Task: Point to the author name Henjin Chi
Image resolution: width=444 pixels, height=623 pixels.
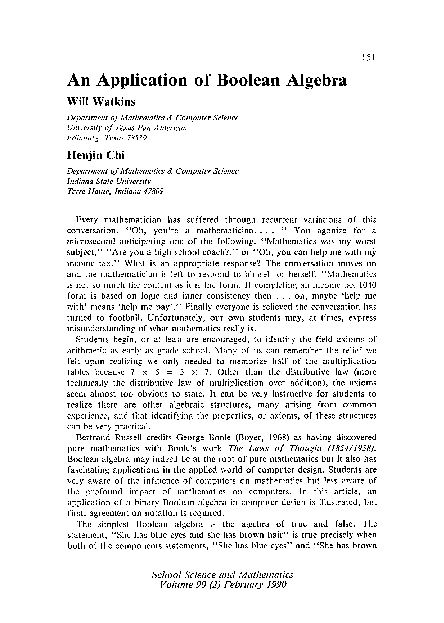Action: pos(100,159)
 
